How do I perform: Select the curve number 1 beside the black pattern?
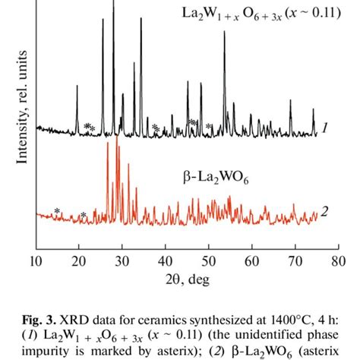[x=324, y=128]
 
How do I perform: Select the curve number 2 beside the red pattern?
[x=324, y=211]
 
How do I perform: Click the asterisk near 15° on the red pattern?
[x=57, y=212]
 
